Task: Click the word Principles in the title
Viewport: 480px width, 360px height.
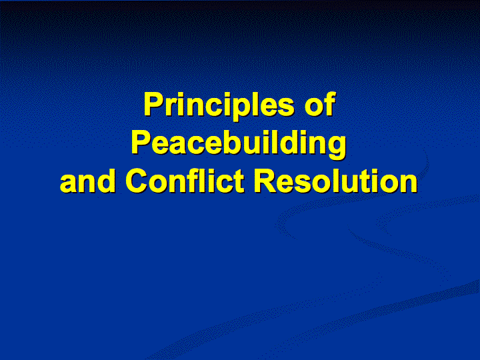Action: [219, 105]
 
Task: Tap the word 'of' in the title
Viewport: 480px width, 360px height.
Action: [320, 105]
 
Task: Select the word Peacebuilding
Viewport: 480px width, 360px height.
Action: [239, 143]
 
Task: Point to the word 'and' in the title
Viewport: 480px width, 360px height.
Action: [88, 181]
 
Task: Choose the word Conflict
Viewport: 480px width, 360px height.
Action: [185, 181]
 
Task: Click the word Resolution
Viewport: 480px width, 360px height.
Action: [336, 181]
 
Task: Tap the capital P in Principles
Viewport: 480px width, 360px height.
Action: [155, 105]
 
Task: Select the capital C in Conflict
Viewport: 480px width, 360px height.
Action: [137, 181]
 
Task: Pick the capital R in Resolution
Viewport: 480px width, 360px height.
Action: [266, 181]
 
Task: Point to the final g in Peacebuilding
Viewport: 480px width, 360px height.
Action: [336, 146]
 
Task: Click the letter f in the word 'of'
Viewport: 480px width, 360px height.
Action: [330, 105]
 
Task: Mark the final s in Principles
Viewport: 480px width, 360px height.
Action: [285, 108]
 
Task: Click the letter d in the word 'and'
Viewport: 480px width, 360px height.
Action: [105, 181]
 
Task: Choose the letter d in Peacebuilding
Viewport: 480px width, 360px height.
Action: [290, 142]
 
